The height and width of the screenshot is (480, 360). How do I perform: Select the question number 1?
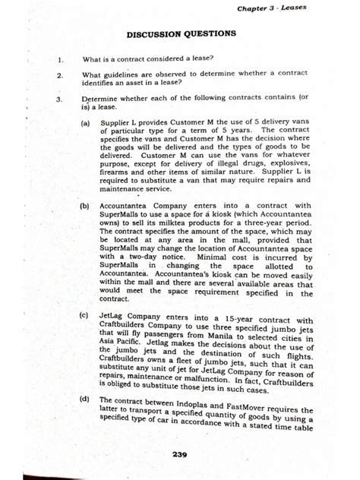[58, 57]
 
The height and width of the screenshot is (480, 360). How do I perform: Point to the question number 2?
[58, 75]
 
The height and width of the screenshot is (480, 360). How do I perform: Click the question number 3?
[58, 99]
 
